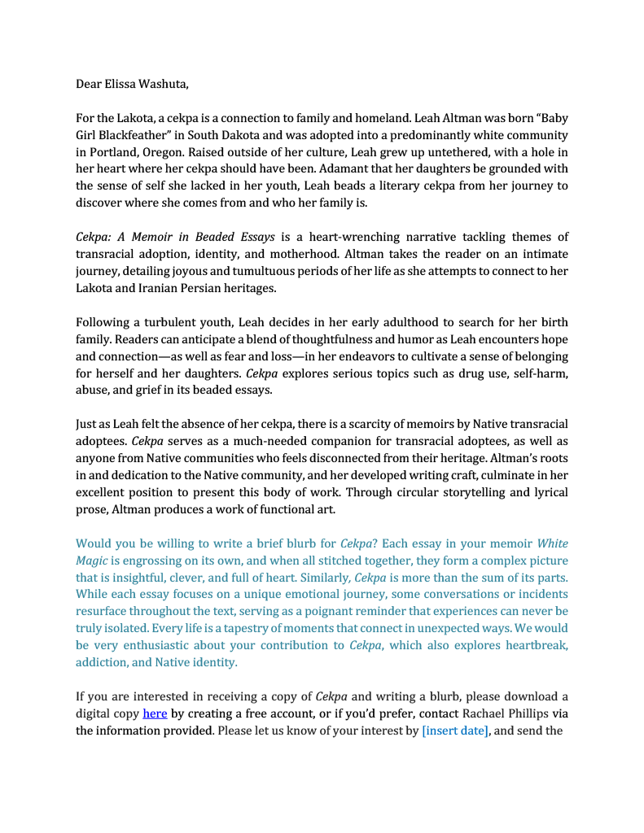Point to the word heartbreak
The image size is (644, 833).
point(531,645)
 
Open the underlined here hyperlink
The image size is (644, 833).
point(155,713)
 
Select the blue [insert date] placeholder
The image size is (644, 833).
point(455,731)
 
